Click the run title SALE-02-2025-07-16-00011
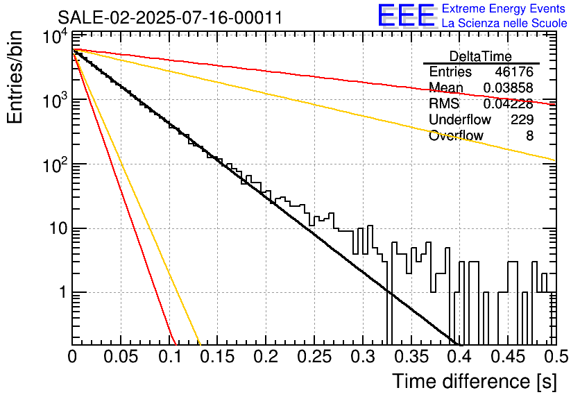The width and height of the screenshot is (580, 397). coord(170,18)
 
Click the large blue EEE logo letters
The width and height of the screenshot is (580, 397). coord(407,15)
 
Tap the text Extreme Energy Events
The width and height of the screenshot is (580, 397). coord(504,8)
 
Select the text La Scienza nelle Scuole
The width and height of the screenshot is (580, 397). coord(504,23)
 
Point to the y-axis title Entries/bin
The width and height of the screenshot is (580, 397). coord(15,77)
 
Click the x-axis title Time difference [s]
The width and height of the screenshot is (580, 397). coord(474,381)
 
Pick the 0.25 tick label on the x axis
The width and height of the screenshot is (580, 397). coord(314,357)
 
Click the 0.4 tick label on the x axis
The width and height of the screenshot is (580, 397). coord(460,357)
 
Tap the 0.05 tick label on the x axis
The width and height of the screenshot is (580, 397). coord(121,357)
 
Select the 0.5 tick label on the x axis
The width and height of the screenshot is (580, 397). coord(556,357)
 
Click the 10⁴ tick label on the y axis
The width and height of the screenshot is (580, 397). coord(56,37)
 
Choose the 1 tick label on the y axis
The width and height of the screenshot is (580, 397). coord(62,292)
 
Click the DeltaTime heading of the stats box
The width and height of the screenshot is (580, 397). coord(481,56)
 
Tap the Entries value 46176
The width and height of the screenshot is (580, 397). coord(514,71)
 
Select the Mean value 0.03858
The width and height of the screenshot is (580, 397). coord(509,87)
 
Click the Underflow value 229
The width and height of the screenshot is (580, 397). coord(522,119)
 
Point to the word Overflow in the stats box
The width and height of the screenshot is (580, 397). coord(456,136)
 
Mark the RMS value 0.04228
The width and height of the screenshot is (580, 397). coord(509,103)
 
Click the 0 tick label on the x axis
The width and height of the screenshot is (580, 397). coord(72,357)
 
